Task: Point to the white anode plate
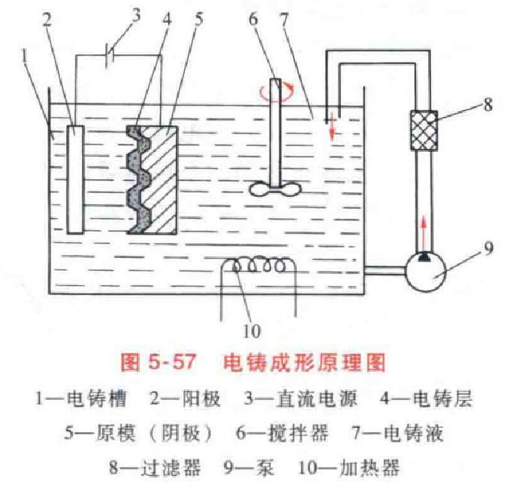[75, 179]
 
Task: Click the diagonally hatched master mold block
[163, 178]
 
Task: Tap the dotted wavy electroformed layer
[137, 178]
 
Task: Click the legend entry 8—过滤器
[154, 468]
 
